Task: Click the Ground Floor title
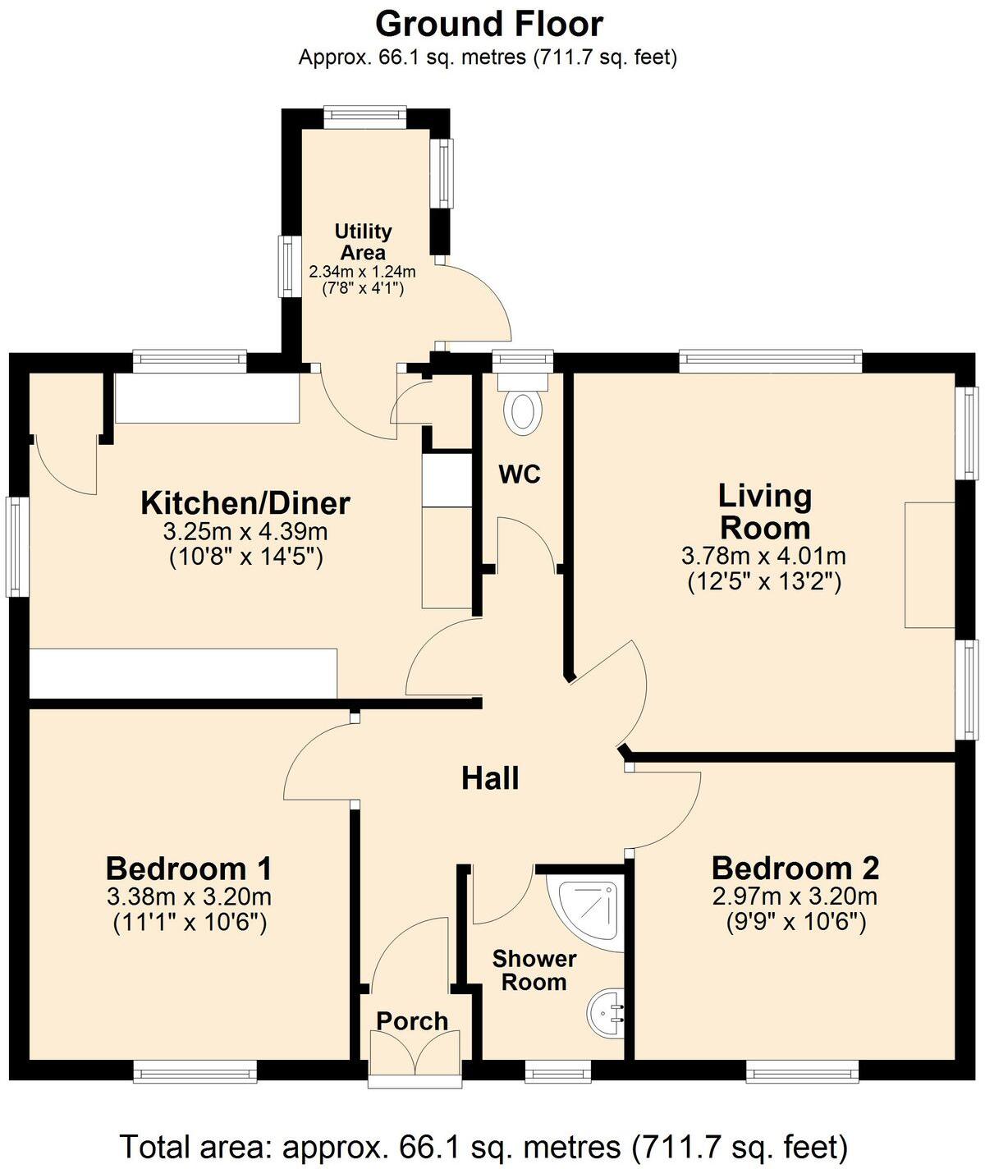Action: [489, 25]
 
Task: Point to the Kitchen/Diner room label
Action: [245, 502]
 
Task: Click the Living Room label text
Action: [764, 511]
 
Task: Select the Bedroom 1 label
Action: [189, 868]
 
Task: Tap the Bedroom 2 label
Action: [795, 868]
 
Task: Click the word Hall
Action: [490, 778]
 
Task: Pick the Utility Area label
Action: [363, 242]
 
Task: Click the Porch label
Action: [412, 1021]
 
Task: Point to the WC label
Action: [520, 474]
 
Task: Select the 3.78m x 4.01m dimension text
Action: [763, 557]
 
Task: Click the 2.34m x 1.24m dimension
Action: [362, 271]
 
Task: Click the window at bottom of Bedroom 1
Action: [195, 1071]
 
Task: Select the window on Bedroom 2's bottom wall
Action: [803, 1071]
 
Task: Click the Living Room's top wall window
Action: [770, 361]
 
